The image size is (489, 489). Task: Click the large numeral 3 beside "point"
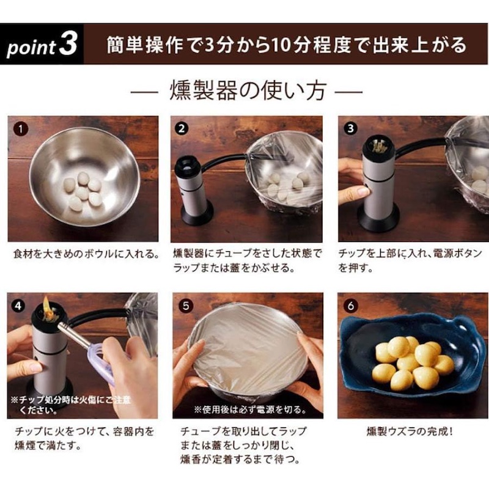click(68, 44)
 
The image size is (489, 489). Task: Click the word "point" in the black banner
click(31, 48)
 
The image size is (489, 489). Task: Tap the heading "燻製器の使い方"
click(248, 91)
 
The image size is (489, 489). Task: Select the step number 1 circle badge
click(21, 129)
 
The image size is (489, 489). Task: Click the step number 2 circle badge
click(182, 128)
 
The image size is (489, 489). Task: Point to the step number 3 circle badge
click(350, 128)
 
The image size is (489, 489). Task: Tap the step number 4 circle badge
click(18, 306)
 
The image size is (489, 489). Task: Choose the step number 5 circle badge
click(186, 306)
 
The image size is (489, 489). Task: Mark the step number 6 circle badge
click(350, 306)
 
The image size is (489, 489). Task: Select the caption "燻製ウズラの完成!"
click(410, 432)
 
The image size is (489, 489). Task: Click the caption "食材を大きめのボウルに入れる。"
click(86, 254)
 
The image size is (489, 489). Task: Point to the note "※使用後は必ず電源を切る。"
click(250, 409)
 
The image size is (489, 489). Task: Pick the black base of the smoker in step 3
click(378, 218)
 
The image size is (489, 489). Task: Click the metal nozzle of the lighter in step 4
click(75, 335)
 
